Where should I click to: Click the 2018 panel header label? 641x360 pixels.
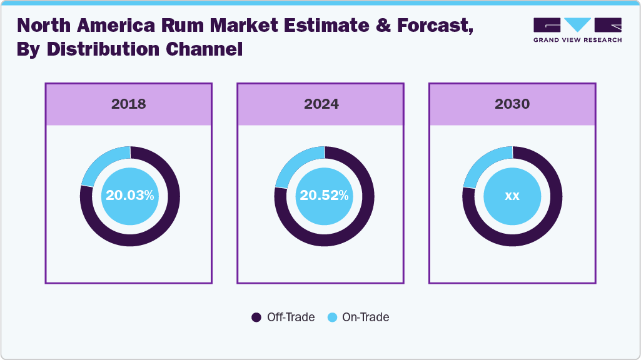pyautogui.click(x=129, y=104)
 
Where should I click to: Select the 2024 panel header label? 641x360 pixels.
pyautogui.click(x=321, y=104)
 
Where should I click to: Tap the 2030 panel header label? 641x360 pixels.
pyautogui.click(x=512, y=104)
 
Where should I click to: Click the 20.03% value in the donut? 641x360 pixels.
pyautogui.click(x=129, y=196)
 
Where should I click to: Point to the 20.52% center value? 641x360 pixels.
pyautogui.click(x=324, y=196)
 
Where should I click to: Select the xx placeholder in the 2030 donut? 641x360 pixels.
pyautogui.click(x=512, y=196)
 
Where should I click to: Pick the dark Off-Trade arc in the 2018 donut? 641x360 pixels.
pyautogui.click(x=156, y=225)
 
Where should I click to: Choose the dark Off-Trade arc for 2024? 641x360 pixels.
pyautogui.click(x=351, y=225)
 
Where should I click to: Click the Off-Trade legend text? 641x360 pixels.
pyautogui.click(x=291, y=317)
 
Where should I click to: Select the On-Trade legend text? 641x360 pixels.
pyautogui.click(x=366, y=317)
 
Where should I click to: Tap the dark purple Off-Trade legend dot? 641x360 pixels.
pyautogui.click(x=256, y=317)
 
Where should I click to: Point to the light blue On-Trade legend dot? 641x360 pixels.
pyautogui.click(x=332, y=317)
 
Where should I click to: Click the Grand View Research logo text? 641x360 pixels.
pyautogui.click(x=577, y=40)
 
